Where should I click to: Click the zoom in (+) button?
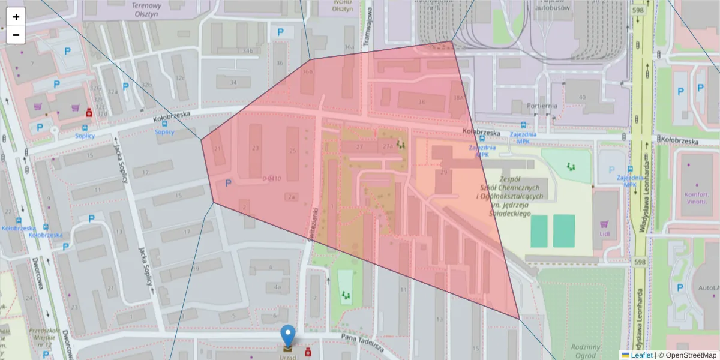[16, 17]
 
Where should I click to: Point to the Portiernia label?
[542, 106]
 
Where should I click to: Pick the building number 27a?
[388, 146]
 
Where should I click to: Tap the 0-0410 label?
[272, 178]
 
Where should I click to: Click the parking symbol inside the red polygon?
[228, 184]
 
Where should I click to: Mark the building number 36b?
[308, 72]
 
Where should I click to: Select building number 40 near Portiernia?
[581, 97]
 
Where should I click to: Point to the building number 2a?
[292, 196]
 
